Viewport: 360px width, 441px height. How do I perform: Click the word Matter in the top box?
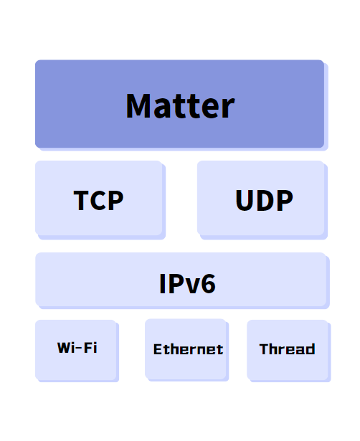point(180,106)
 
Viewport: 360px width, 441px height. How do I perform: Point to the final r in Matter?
point(229,109)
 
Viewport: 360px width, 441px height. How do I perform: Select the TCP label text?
point(98,200)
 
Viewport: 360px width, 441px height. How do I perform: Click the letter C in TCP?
point(98,200)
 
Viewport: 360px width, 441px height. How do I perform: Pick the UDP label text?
point(264,200)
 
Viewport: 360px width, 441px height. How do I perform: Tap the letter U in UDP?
point(245,200)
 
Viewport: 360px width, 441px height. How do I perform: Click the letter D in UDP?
point(265,200)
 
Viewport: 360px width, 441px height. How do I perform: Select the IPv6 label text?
point(187,284)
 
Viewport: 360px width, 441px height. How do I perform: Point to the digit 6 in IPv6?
point(208,284)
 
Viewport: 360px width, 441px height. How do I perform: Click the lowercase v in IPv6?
point(191,286)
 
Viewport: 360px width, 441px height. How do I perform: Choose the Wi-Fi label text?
point(77,348)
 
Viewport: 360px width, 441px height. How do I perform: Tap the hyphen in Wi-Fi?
point(79,348)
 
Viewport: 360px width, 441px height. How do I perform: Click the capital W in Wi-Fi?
point(65,348)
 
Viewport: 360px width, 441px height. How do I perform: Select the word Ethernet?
point(188,349)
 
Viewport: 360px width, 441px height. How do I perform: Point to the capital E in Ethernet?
point(158,349)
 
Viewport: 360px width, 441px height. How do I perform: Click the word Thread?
point(287,349)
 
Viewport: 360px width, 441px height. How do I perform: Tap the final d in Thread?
point(311,349)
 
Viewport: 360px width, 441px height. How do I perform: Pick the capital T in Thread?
point(265,349)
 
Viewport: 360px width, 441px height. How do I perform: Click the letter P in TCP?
point(116,200)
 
